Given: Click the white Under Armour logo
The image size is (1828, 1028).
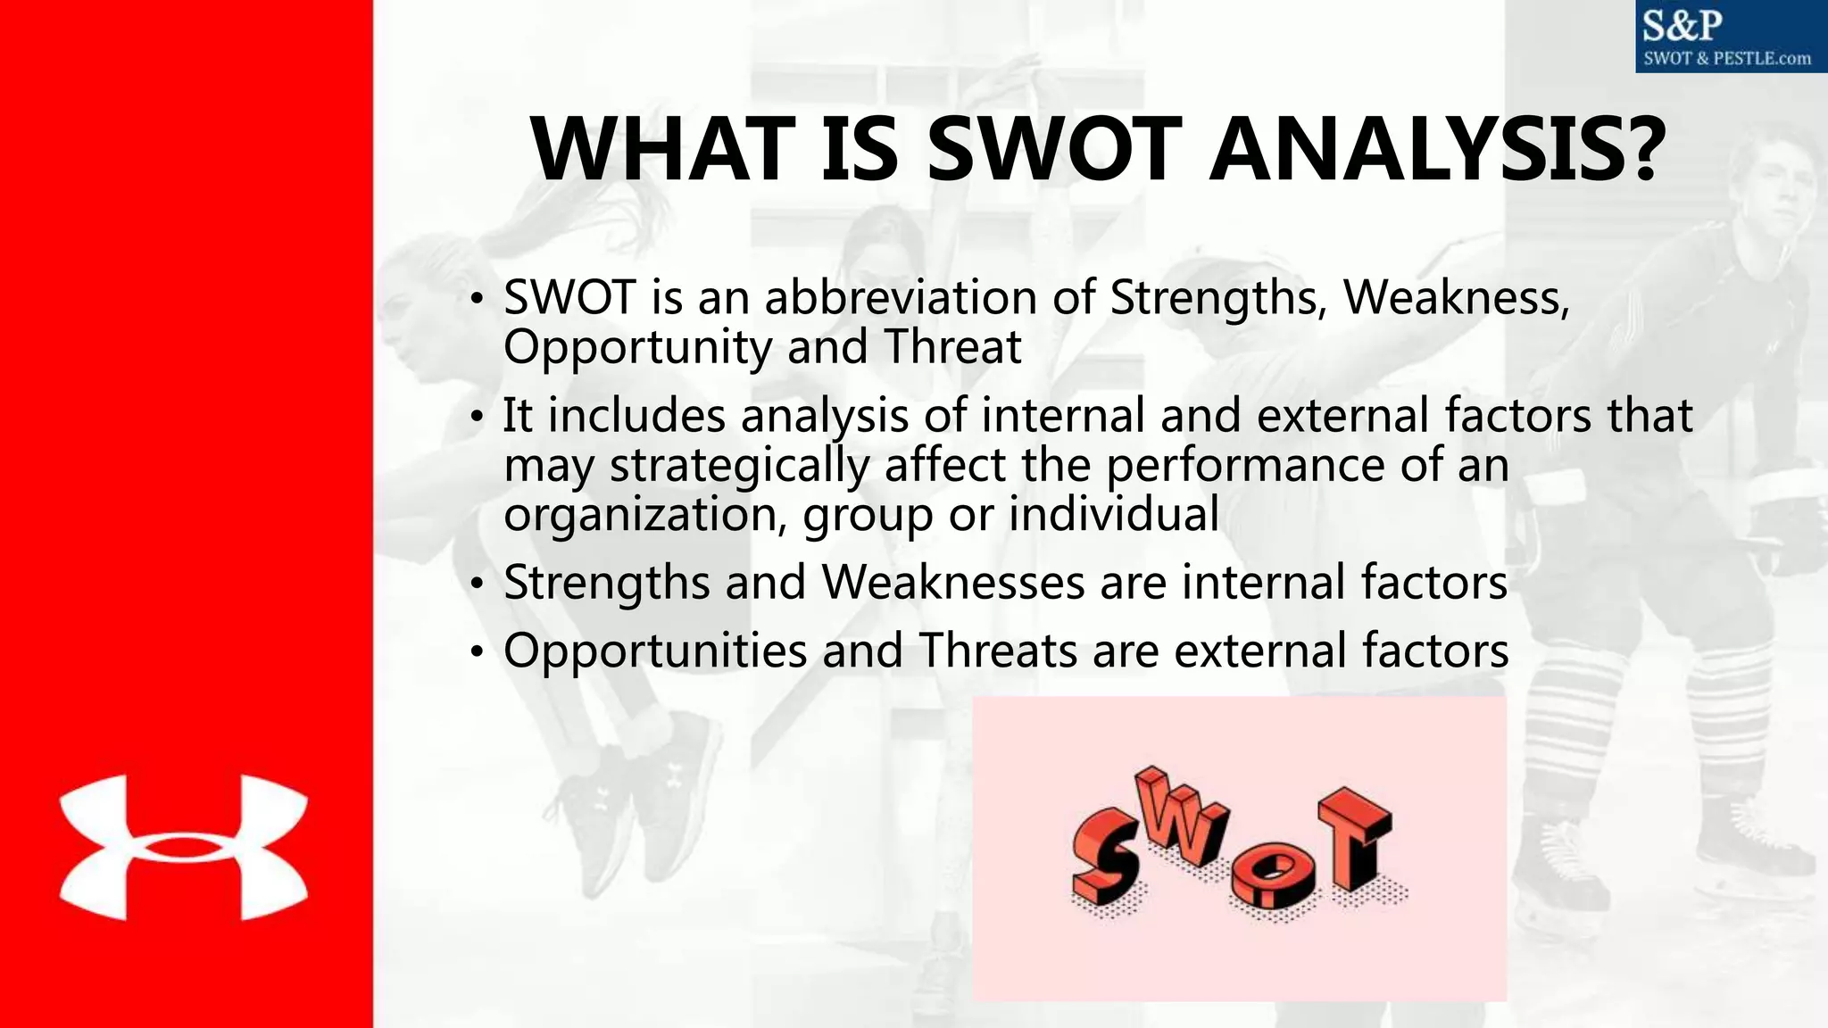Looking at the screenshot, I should click(183, 848).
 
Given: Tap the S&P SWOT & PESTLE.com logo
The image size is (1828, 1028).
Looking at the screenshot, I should click(1731, 37).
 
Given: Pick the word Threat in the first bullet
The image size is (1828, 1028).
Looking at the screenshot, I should click(952, 347).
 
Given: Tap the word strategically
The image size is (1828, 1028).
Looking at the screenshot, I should click(739, 466).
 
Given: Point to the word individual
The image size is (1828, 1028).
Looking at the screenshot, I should click(1113, 515).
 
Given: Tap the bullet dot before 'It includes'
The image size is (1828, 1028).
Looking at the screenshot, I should click(478, 417).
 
